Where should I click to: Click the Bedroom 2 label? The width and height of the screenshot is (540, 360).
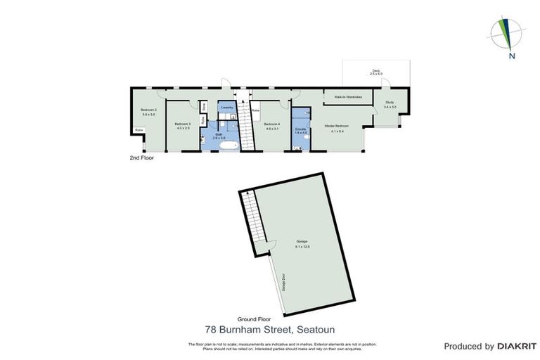(x=148, y=111)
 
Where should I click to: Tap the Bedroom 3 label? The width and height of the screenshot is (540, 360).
(x=183, y=125)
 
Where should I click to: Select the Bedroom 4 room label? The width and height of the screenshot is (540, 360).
(x=272, y=125)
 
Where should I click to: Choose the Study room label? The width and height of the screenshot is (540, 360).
(x=390, y=104)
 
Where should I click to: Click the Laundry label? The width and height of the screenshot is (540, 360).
(x=226, y=107)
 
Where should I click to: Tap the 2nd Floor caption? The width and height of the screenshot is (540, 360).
(x=141, y=157)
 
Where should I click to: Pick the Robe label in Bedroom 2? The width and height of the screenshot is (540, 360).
(x=139, y=130)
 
